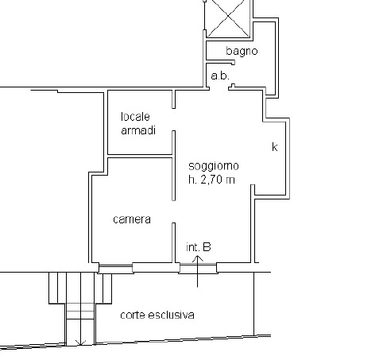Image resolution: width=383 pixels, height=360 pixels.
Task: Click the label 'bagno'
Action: pos(241,52)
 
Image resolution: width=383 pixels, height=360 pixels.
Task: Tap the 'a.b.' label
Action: pos(220,75)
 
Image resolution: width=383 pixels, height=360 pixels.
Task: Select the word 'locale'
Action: pos(135,117)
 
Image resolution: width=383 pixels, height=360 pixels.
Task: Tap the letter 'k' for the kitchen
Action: pos(274,147)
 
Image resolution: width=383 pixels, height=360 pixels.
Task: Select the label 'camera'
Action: pos(132,219)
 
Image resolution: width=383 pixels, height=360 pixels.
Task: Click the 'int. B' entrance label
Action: pos(199,247)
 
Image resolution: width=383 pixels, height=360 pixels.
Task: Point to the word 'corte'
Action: pos(133,315)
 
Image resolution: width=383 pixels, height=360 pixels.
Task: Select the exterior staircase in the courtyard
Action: pos(79,306)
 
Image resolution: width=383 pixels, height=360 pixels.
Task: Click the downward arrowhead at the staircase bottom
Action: pos(79,343)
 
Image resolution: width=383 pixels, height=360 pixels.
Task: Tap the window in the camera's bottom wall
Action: pos(117,266)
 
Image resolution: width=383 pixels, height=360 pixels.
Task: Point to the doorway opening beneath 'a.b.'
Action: pos(220,87)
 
